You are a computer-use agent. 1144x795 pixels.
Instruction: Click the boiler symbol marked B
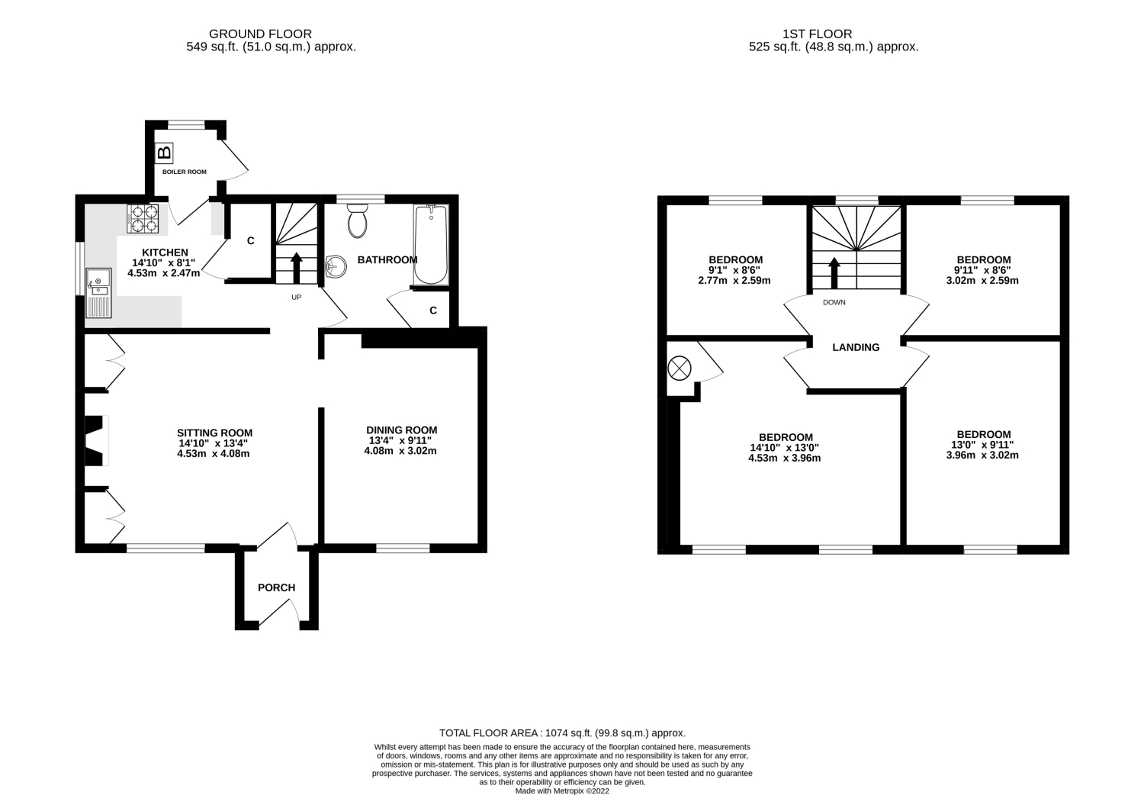tap(164, 153)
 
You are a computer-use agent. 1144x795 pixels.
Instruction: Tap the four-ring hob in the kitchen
tap(143, 219)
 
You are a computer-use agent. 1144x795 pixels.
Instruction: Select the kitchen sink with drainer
tap(98, 293)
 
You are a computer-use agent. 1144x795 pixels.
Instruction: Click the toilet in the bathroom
tap(357, 220)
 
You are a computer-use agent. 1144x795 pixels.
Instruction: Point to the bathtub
tap(431, 244)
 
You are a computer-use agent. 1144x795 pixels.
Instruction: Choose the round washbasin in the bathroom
tap(336, 266)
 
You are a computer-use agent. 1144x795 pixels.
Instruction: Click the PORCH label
tap(276, 587)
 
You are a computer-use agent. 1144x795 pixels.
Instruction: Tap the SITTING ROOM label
tap(214, 433)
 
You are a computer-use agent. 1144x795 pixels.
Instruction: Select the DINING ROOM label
tap(401, 430)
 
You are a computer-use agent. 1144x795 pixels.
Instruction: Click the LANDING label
tap(856, 347)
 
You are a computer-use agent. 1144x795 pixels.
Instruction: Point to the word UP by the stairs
tap(296, 297)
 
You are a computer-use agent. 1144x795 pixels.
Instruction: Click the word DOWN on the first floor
tap(834, 302)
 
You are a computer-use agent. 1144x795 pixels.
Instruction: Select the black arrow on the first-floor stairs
tap(834, 273)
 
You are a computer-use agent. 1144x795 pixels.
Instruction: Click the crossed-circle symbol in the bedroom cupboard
tap(680, 368)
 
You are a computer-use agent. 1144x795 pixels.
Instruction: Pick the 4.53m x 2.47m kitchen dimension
tap(163, 273)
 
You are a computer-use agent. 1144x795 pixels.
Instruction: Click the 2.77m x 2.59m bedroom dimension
tap(734, 281)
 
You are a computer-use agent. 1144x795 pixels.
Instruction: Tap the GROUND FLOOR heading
tap(261, 34)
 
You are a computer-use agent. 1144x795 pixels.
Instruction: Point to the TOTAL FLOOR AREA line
tap(562, 733)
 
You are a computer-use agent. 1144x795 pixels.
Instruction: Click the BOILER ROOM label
tap(185, 172)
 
